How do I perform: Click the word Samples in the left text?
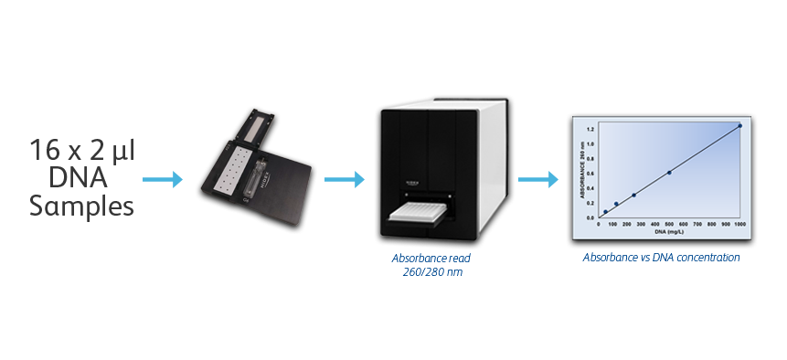point(82,206)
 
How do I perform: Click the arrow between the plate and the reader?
point(344,178)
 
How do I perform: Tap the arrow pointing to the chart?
point(537,178)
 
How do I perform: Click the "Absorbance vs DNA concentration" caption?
point(661,258)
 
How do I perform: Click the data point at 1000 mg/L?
point(739,126)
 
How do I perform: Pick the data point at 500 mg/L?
point(669,172)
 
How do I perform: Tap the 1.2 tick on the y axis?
point(591,130)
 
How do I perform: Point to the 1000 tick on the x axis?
point(739,223)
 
